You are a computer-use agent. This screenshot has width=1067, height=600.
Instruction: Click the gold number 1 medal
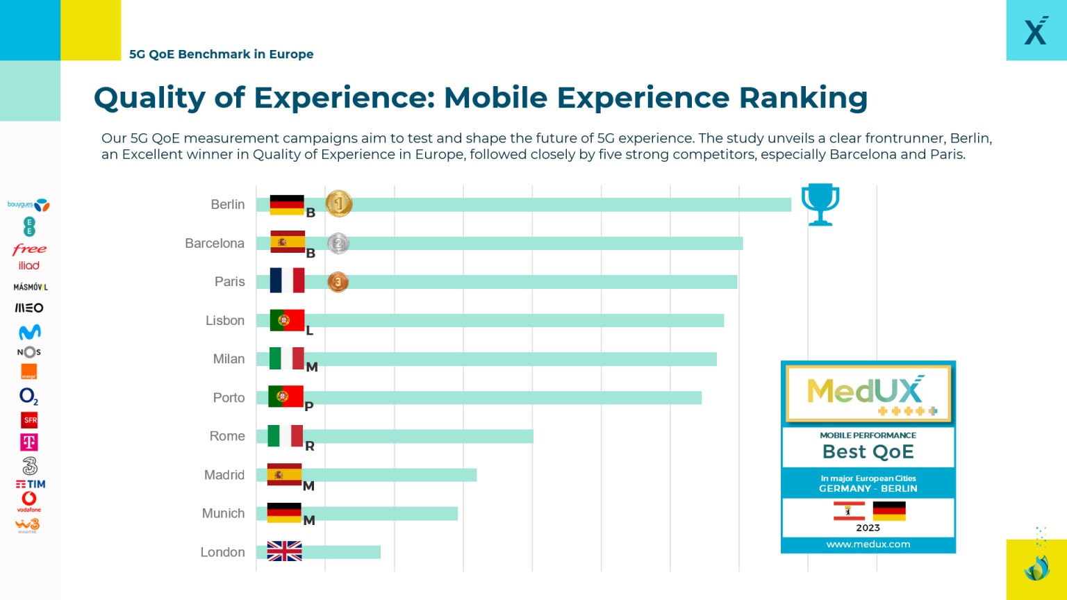coord(339,204)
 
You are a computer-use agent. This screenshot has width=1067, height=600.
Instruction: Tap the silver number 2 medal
coord(338,243)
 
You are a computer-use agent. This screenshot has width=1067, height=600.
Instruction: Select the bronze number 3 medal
coord(338,282)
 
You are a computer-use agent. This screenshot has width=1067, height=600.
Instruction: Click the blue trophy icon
coord(820,204)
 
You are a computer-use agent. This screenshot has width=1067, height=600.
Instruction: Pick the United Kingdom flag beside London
coord(285,551)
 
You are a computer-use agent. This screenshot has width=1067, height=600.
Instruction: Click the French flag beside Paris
coord(287,281)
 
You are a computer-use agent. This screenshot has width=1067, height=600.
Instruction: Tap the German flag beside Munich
coord(284,512)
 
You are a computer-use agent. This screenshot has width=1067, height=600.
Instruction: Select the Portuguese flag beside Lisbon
coord(287,320)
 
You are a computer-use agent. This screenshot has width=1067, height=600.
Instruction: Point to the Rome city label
coord(227,436)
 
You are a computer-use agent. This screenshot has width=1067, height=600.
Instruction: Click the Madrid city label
coord(224,475)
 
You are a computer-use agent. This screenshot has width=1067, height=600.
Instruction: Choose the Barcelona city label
coord(215,243)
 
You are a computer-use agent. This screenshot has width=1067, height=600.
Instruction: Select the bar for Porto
coord(500,397)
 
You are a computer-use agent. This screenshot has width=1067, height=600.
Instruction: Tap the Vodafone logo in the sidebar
coord(28,501)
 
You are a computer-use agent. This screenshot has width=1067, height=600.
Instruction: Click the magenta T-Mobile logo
coord(29,442)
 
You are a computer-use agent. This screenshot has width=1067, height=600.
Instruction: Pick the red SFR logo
coord(30,420)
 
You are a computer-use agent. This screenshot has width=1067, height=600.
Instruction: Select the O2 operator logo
coord(28,397)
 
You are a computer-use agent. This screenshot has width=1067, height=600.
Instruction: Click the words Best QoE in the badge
coord(868,452)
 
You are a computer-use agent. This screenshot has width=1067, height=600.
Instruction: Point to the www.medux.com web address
coord(868,544)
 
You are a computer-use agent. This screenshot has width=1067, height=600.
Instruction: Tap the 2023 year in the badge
coord(868,528)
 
